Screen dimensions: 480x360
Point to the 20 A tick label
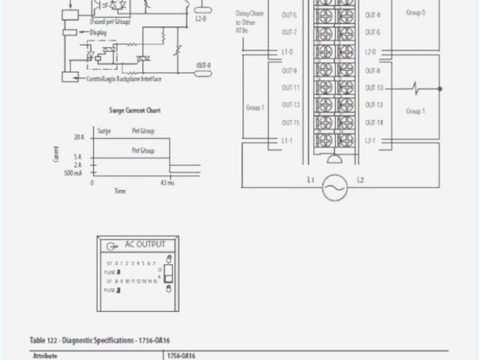coord(79,137)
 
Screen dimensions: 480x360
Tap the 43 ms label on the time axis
coord(166,183)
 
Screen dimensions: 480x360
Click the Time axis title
coord(120,191)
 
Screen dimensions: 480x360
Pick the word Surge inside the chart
coord(104,131)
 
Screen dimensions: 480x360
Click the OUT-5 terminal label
coord(289,15)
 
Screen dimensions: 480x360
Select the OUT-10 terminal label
coord(373,87)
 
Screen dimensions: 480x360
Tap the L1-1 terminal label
coord(286,140)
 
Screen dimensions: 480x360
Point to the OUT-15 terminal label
coord(290,122)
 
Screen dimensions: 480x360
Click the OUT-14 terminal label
coord(373,122)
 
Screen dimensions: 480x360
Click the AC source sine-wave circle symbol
coord(334,187)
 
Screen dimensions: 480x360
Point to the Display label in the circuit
coord(97,33)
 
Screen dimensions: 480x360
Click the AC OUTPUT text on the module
coord(139,245)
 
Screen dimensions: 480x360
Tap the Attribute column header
coord(46,356)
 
